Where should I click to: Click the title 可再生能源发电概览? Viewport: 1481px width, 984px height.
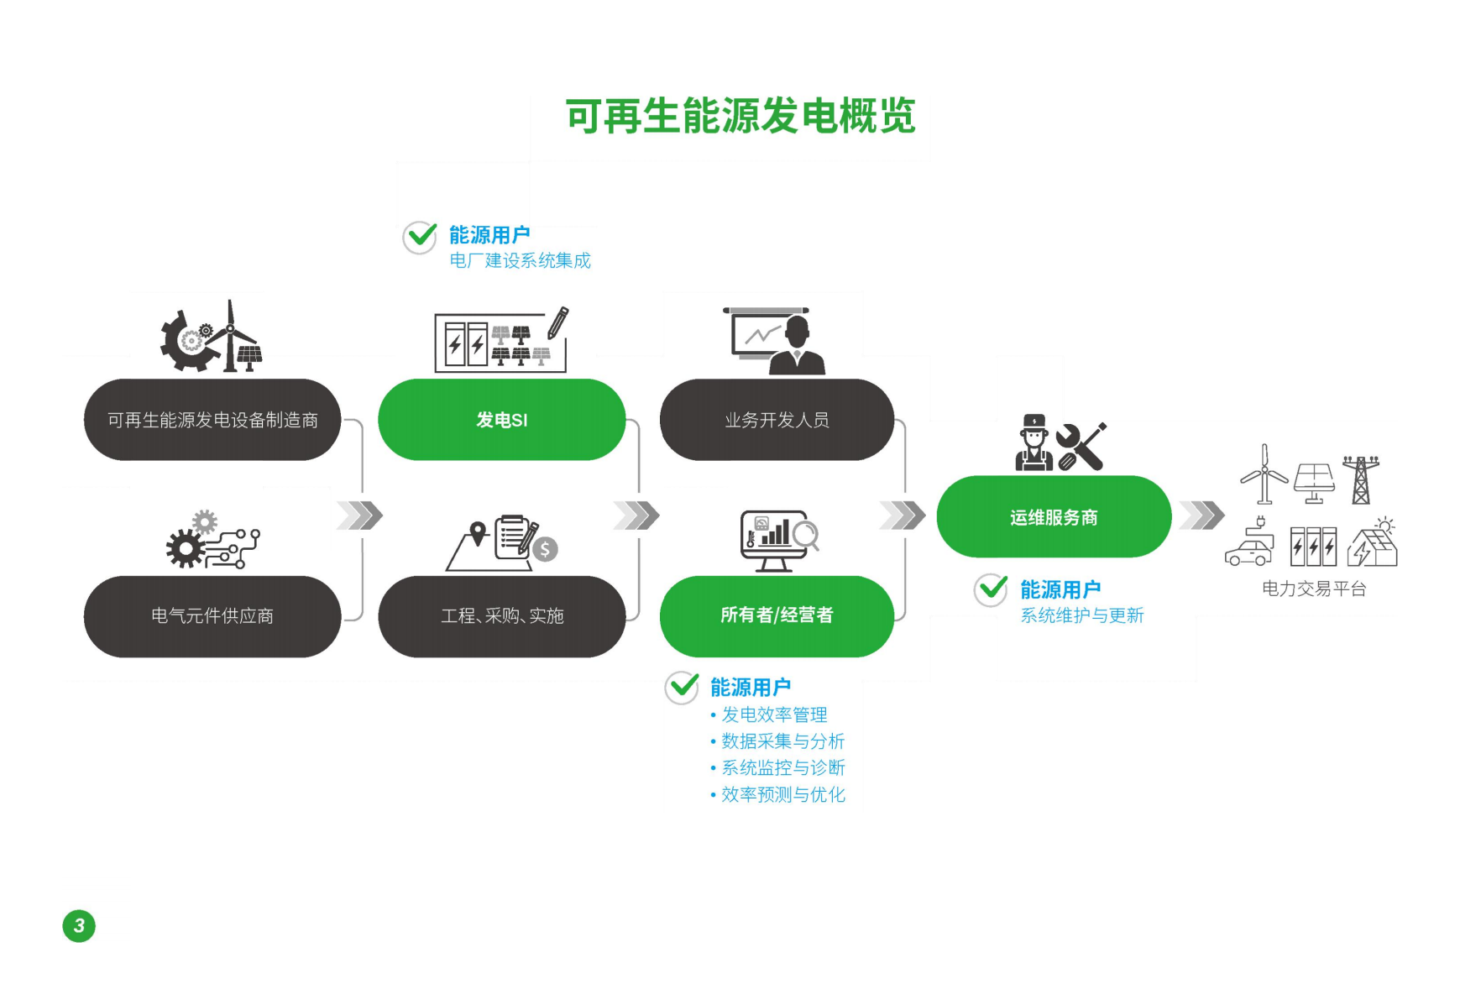[x=740, y=115]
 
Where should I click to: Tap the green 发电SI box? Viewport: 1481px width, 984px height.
[x=501, y=420]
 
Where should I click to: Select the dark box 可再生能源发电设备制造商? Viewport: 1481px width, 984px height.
[x=212, y=420]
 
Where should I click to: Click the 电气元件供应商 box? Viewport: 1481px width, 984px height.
[x=212, y=616]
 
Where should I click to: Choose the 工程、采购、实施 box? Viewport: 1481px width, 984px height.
[x=501, y=616]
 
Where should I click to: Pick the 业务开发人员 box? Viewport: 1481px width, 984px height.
[x=777, y=420]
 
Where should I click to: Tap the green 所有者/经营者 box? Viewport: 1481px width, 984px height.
[x=777, y=615]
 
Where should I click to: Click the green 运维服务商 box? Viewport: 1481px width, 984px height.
[x=1054, y=517]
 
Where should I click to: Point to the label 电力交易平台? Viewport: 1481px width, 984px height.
[x=1314, y=589]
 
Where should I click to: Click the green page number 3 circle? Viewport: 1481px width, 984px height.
[x=79, y=926]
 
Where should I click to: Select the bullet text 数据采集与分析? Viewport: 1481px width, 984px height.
[x=782, y=741]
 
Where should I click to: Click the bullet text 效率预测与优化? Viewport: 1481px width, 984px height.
[x=782, y=794]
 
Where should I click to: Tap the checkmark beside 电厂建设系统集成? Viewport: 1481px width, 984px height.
[x=420, y=237]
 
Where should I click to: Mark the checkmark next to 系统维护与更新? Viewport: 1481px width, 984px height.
[x=992, y=589]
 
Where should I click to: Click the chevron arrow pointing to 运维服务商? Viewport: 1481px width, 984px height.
[x=903, y=516]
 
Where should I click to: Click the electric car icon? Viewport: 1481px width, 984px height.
[x=1249, y=548]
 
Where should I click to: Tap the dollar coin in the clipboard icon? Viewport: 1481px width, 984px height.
[x=545, y=549]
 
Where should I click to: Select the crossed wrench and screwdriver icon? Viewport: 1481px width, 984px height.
[x=1081, y=446]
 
